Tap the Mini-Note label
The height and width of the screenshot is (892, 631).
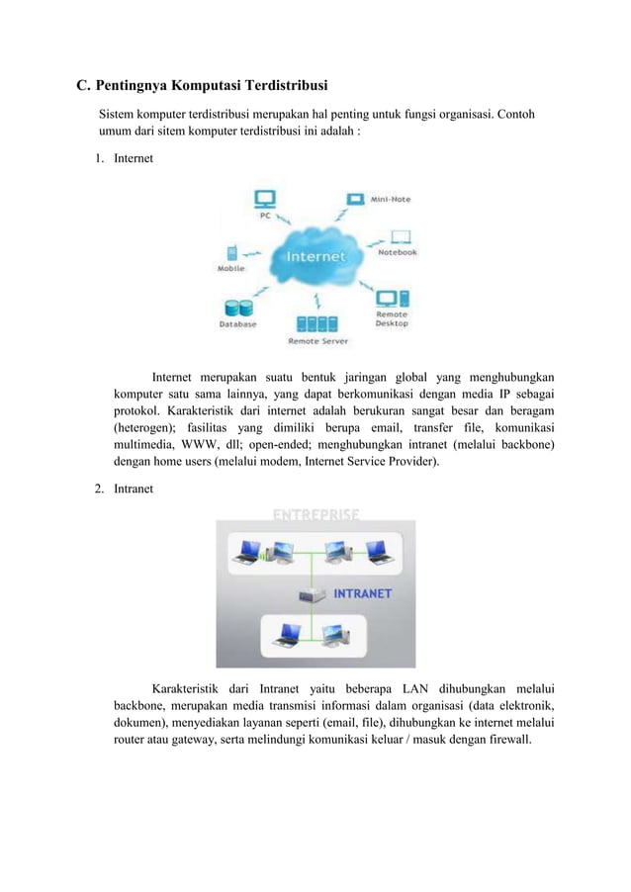[x=391, y=200]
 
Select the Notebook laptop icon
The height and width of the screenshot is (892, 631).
[x=400, y=238]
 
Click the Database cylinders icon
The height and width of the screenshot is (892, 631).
[x=236, y=308]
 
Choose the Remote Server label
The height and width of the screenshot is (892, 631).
[x=317, y=341]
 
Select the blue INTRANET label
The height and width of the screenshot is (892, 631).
[x=362, y=594]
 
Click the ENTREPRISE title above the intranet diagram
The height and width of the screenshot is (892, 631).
[x=315, y=513]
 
